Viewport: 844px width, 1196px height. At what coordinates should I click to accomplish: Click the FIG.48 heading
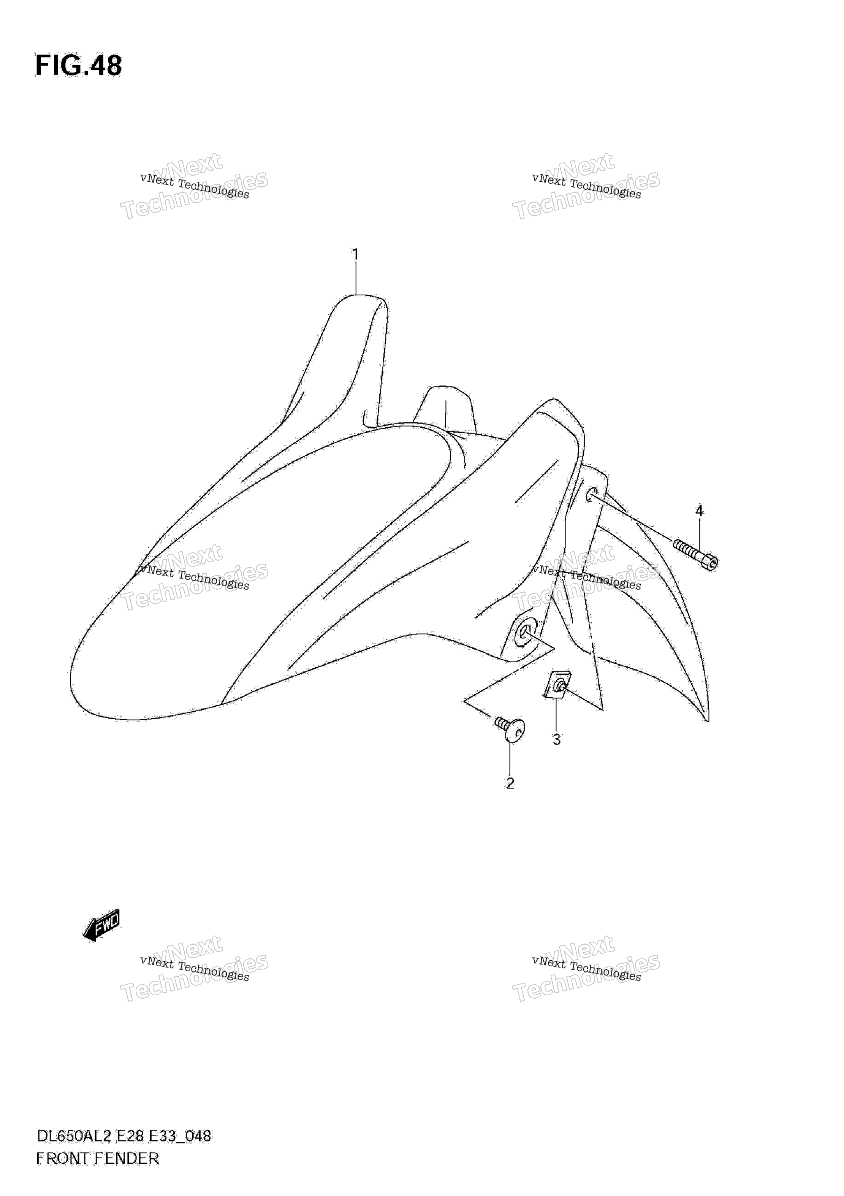[79, 66]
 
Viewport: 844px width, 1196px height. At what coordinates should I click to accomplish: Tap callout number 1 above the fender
[356, 255]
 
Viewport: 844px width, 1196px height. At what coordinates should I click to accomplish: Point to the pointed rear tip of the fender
[708, 720]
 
